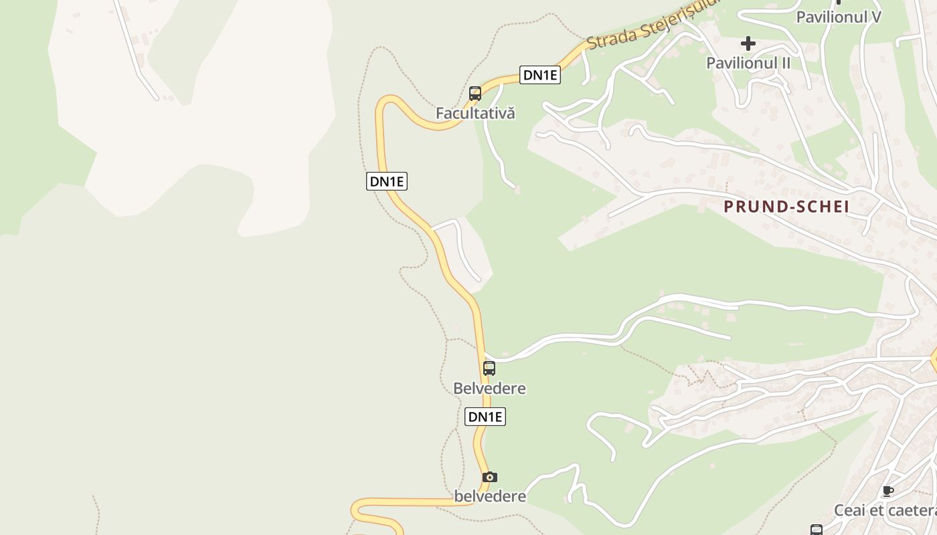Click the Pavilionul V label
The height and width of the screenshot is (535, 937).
pos(838,17)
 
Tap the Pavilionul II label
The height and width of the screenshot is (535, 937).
pos(748,63)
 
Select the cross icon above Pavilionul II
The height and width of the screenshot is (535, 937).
pos(748,44)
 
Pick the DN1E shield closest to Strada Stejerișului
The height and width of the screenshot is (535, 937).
pos(540,75)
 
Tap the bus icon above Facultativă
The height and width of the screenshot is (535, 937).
pos(475,94)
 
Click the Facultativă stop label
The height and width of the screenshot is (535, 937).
pos(475,113)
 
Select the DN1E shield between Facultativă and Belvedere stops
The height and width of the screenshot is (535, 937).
pos(387,181)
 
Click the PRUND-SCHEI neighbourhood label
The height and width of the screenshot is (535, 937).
pos(786,207)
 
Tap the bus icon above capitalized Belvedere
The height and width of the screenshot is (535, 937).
pos(489,368)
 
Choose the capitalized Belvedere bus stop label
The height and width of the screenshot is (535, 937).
pos(489,389)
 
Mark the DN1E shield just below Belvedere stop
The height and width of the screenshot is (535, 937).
pos(485,417)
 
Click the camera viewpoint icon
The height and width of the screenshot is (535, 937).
pos(490,477)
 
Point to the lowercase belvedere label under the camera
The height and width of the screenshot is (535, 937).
pos(490,496)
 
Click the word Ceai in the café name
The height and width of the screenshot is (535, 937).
pos(849,511)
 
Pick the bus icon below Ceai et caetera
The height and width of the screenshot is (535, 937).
pos(817,530)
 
